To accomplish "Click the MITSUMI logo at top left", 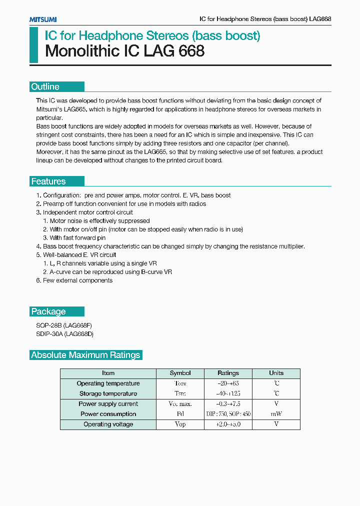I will pos(42,19).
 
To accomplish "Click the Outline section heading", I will pos(45,86).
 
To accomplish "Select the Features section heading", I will pos(48,181).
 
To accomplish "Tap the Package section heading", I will pos(48,311).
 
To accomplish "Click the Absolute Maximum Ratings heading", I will pos(85,355).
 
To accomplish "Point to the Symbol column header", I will pos(180,373).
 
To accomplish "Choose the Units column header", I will pos(276,373).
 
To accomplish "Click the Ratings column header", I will pos(228,373).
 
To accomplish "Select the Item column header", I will pos(108,373).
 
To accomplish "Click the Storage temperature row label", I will pos(108,393).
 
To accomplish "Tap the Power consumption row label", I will pos(108,414).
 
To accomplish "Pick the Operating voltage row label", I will pos(108,424).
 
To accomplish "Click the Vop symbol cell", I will pos(180,424).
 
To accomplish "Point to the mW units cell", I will pos(276,414).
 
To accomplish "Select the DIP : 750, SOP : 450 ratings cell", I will pos(228,414).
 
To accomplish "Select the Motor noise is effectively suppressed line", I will pos(96,221).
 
